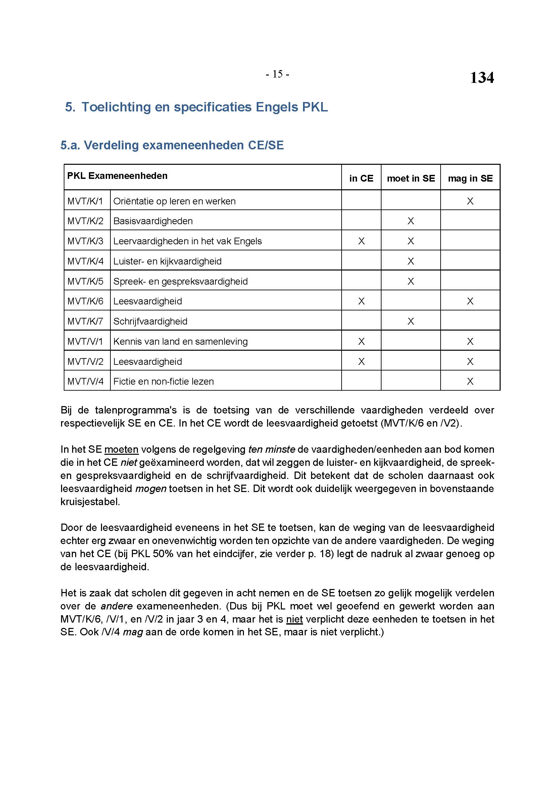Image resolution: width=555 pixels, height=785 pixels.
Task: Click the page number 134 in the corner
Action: [482, 78]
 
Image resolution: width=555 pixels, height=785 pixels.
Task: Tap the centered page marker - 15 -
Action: [277, 74]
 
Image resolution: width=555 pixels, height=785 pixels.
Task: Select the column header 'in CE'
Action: [361, 178]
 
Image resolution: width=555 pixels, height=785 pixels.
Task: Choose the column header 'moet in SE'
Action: [411, 178]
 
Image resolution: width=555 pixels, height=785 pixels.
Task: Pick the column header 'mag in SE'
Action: [470, 178]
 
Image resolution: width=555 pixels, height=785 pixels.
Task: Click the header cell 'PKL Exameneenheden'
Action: [117, 176]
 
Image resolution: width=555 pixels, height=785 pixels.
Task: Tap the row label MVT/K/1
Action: [85, 201]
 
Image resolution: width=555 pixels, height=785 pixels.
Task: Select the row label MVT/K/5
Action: [85, 281]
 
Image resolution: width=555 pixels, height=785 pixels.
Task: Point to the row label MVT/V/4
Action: [85, 382]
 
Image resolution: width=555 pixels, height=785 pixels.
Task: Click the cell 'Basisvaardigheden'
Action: [153, 221]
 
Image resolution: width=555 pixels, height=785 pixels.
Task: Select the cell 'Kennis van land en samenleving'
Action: [181, 342]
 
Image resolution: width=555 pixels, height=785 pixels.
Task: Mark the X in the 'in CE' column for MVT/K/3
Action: [361, 241]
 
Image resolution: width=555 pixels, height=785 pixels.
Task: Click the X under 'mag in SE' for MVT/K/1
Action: [470, 201]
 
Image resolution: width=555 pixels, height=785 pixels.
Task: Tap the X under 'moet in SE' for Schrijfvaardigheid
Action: [411, 322]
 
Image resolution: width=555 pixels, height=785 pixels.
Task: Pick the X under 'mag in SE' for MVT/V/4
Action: [470, 382]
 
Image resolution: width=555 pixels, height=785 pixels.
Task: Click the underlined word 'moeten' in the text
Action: [121, 449]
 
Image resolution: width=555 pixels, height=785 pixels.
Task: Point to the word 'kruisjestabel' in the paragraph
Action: [90, 502]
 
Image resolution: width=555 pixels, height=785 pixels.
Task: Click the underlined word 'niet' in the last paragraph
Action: [294, 619]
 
